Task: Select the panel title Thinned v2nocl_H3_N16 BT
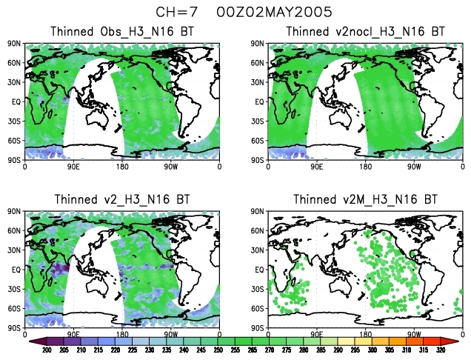tap(365, 32)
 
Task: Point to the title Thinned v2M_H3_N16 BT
tap(365, 199)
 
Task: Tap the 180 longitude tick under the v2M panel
tap(366, 335)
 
